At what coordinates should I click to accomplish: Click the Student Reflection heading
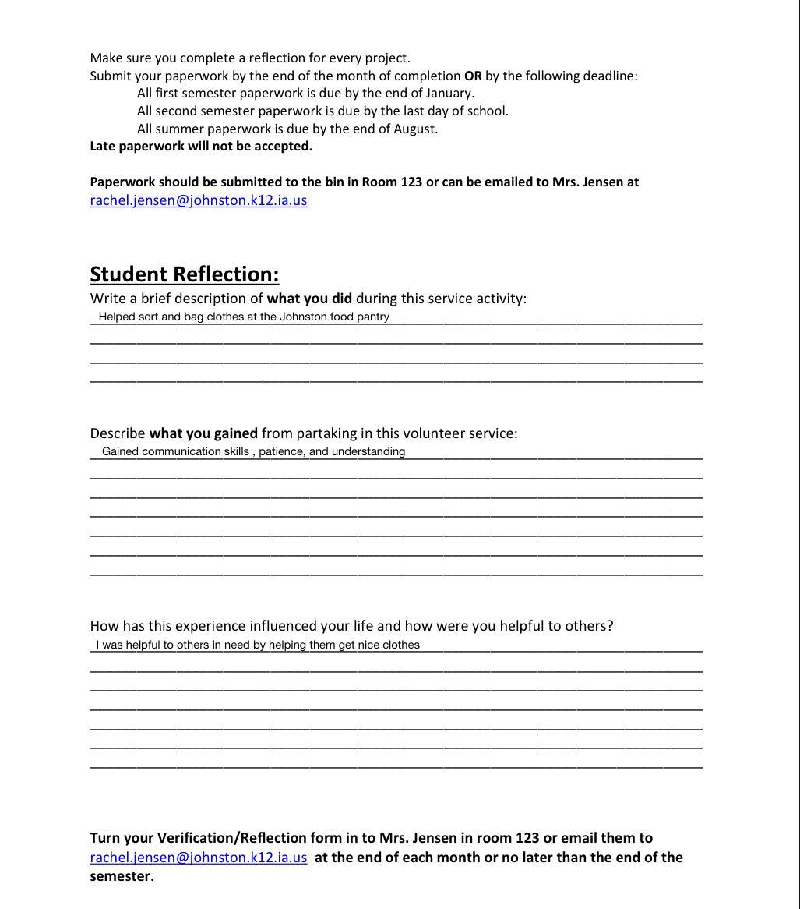point(185,274)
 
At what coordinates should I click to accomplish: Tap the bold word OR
point(473,76)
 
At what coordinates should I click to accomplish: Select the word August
point(414,129)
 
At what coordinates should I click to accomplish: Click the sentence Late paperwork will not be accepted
point(201,147)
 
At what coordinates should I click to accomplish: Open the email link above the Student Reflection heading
point(199,200)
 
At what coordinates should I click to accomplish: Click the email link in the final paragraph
point(199,858)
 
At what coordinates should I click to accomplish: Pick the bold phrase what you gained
point(203,433)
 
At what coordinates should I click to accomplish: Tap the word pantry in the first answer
point(372,317)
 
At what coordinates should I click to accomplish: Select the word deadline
point(608,76)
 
